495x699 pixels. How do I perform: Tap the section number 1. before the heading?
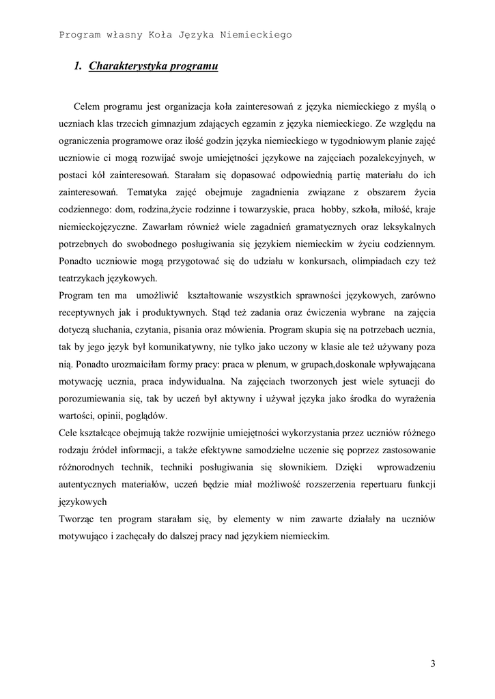pyautogui.click(x=78, y=66)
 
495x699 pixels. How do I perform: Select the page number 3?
pyautogui.click(x=433, y=664)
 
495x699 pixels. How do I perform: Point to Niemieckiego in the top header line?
pyautogui.click(x=258, y=33)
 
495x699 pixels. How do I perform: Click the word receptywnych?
pyautogui.click(x=89, y=314)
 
